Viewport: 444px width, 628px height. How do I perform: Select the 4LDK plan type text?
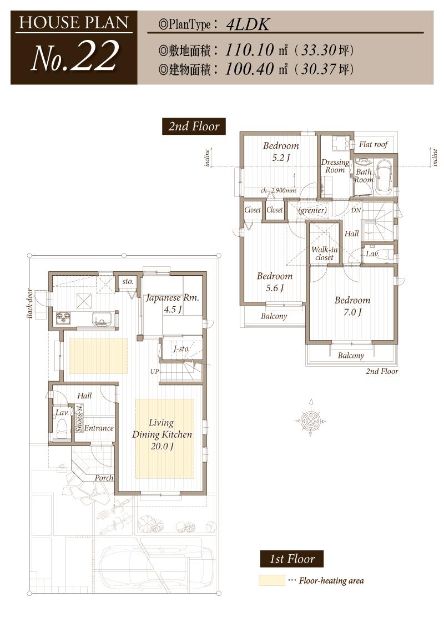pos(248,25)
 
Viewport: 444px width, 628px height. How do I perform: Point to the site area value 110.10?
pos(249,50)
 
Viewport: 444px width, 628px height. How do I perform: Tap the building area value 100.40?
pos(249,69)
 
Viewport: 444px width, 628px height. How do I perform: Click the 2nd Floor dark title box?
pos(194,126)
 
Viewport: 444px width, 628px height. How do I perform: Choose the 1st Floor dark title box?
pos(292,559)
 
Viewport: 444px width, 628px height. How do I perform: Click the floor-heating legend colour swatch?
pos(272,580)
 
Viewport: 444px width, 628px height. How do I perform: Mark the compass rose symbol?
pos(310,421)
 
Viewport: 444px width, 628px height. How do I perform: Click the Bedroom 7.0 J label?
pos(352,306)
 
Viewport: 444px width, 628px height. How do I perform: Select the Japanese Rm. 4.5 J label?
pos(172,303)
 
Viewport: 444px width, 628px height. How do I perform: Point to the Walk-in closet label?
pos(324,254)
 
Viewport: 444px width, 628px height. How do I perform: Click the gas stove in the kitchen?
pos(64,319)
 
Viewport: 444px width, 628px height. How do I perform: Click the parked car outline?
pos(157,564)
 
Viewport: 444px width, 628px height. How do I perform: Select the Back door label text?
pos(30,303)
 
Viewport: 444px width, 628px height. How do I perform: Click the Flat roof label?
pos(374,144)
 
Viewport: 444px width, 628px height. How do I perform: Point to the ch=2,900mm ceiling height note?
pos(278,191)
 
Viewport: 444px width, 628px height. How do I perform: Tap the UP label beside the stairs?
pos(154,372)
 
